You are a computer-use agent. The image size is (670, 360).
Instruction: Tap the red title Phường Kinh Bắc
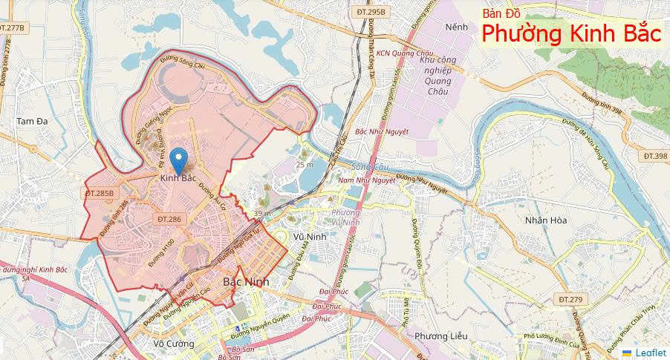click(570, 34)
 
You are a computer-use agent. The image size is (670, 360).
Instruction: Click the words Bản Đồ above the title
click(501, 13)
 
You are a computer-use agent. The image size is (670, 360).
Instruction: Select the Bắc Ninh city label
click(246, 283)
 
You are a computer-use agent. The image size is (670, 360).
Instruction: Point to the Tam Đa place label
click(31, 120)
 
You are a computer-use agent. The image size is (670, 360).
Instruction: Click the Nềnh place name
click(456, 27)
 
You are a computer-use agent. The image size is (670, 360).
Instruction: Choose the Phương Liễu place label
click(441, 336)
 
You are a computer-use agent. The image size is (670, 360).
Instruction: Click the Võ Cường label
click(173, 344)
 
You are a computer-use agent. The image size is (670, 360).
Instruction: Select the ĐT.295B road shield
click(371, 13)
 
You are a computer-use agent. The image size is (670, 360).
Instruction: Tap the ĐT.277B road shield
click(13, 27)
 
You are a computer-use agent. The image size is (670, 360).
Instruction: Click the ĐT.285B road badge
click(101, 193)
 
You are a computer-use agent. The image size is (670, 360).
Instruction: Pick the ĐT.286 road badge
click(169, 219)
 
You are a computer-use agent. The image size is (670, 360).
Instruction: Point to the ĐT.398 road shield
click(655, 156)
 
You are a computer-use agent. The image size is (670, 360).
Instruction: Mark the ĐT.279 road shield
click(570, 299)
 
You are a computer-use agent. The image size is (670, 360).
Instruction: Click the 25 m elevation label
click(305, 165)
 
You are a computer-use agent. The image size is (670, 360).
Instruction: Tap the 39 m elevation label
click(261, 213)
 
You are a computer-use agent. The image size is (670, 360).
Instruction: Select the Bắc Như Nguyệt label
click(383, 131)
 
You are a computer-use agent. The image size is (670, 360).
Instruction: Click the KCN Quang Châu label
click(405, 53)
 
